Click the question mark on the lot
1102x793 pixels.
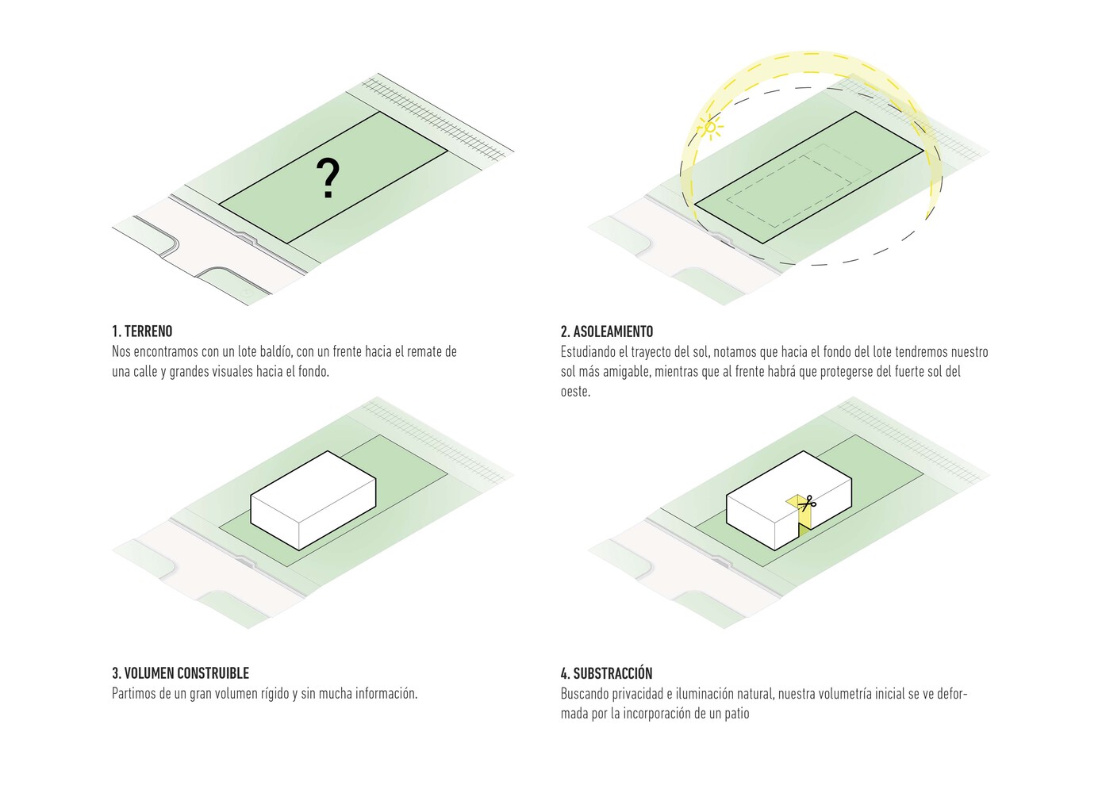point(328,178)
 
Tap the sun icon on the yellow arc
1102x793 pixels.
point(711,127)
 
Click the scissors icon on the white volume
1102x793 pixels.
point(808,502)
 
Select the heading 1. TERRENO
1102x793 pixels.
point(142,331)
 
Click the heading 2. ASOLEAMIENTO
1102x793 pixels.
point(607,331)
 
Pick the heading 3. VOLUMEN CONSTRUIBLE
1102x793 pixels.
point(180,673)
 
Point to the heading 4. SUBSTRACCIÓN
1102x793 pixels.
point(606,673)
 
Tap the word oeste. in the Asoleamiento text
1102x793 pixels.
point(575,391)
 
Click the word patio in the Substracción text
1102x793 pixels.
point(735,714)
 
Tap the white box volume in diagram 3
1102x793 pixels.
point(313,500)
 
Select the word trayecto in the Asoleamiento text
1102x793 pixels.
point(651,351)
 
